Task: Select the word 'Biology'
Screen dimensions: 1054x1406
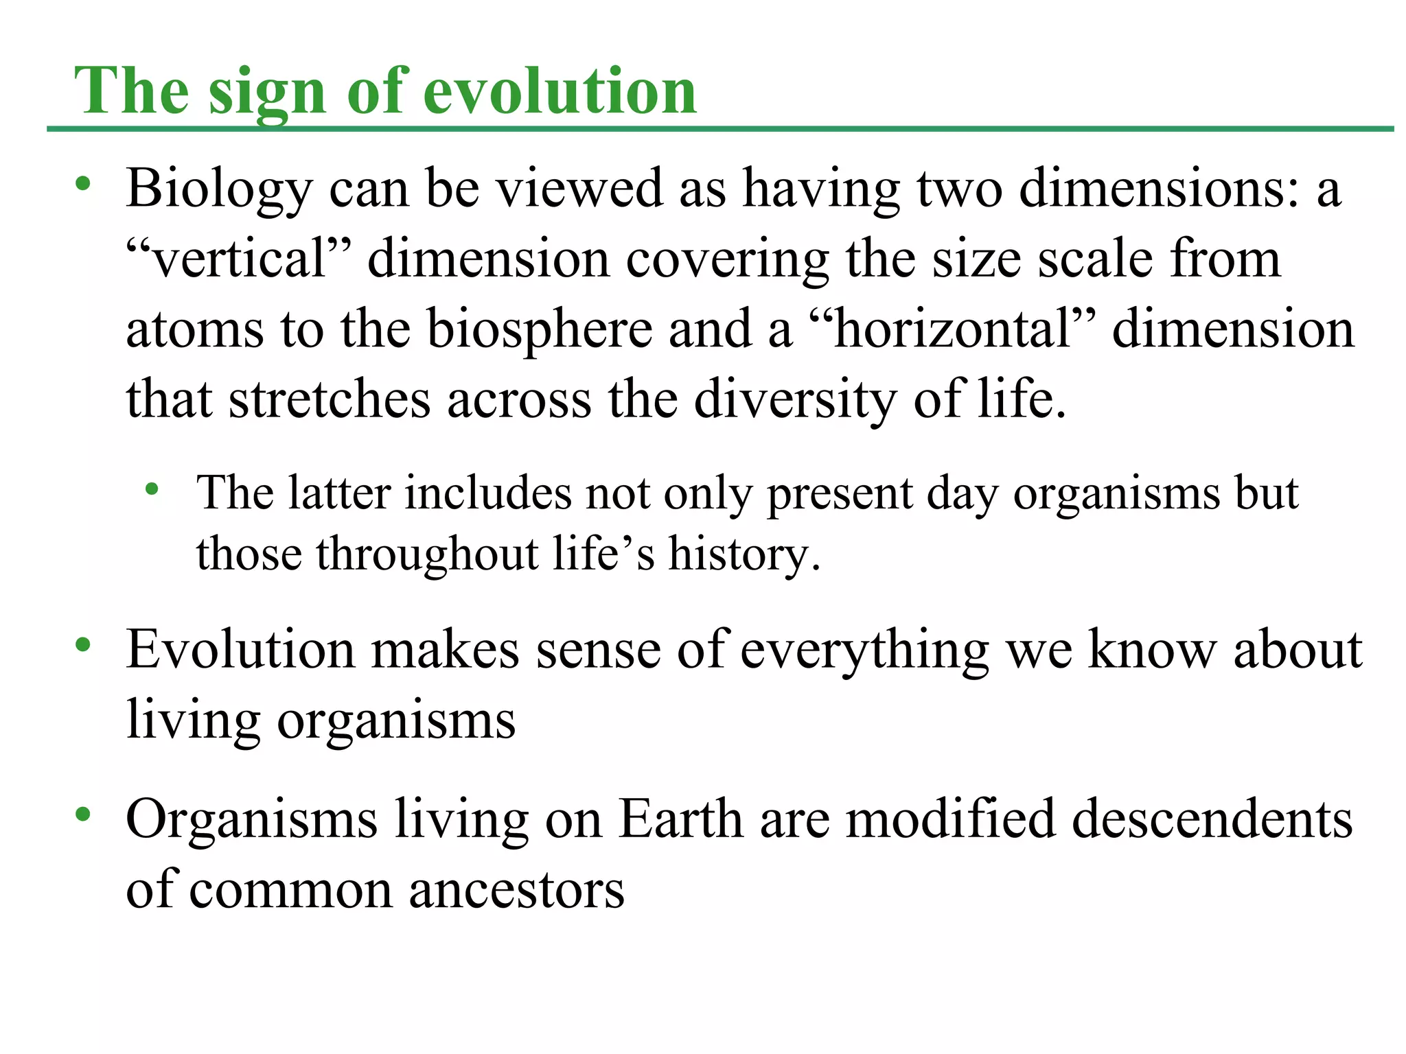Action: tap(219, 189)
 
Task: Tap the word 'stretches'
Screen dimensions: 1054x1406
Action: tap(330, 399)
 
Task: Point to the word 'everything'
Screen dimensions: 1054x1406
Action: tap(864, 651)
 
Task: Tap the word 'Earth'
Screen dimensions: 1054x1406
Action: tap(680, 819)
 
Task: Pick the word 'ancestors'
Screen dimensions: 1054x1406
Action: tap(516, 890)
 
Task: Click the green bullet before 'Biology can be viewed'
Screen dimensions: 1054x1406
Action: tap(83, 183)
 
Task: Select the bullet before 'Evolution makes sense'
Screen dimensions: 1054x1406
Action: tap(83, 644)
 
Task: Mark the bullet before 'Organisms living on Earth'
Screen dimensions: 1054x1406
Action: tap(83, 815)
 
